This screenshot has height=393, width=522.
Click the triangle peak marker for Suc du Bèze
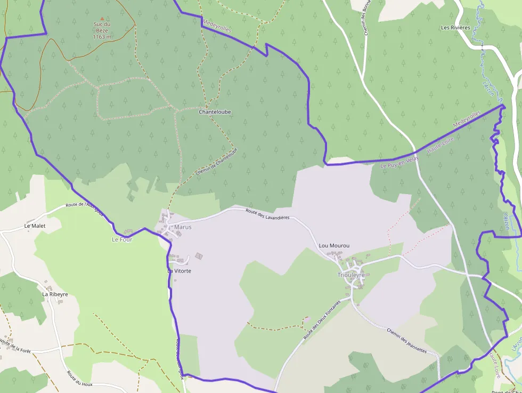pyautogui.click(x=102, y=18)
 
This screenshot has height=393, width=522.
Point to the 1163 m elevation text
pyautogui.click(x=102, y=37)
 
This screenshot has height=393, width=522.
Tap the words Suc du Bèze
pyautogui.click(x=102, y=27)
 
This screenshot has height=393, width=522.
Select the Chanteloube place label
pyautogui.click(x=215, y=112)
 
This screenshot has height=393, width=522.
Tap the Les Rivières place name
pyautogui.click(x=455, y=27)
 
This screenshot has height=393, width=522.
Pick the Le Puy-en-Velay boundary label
pyautogui.click(x=399, y=162)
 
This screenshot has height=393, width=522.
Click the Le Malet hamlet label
pyautogui.click(x=35, y=226)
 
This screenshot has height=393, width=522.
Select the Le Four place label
pyautogui.click(x=122, y=239)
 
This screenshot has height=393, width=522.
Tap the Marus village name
pyautogui.click(x=183, y=227)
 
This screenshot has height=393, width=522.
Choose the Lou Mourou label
pyautogui.click(x=334, y=245)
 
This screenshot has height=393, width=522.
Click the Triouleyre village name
pyautogui.click(x=351, y=275)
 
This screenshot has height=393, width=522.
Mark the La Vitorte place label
pyautogui.click(x=179, y=271)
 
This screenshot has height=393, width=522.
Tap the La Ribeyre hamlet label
pyautogui.click(x=55, y=294)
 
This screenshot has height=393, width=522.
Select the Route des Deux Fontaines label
pyautogui.click(x=322, y=319)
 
